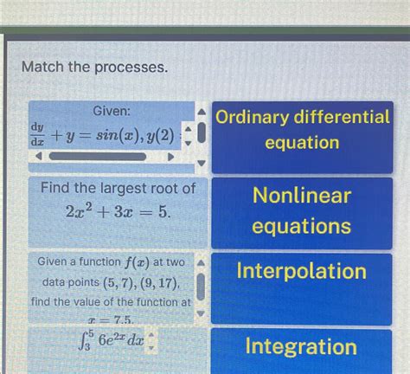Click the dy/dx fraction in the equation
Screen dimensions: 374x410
[38, 136]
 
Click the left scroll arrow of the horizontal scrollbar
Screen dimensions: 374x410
[36, 158]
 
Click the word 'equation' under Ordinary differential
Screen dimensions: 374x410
[302, 142]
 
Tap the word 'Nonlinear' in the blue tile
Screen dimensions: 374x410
[302, 196]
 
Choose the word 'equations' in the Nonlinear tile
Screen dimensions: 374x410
[302, 226]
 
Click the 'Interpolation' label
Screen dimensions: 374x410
[302, 272]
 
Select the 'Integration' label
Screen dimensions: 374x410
[302, 347]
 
